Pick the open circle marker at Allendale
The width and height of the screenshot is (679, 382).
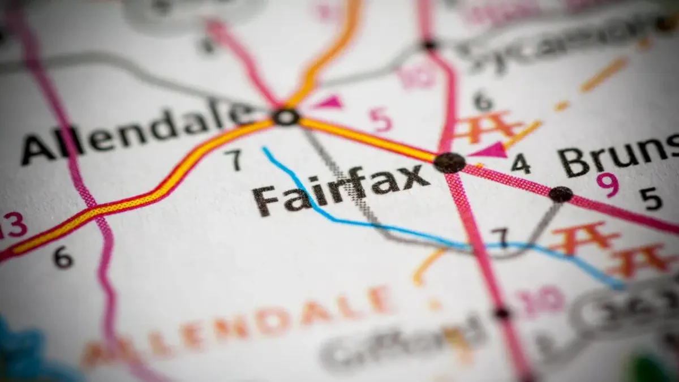pyautogui.click(x=286, y=117)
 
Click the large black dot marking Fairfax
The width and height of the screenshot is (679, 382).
pyautogui.click(x=450, y=162)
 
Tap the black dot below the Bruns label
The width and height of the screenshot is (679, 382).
pyautogui.click(x=560, y=194)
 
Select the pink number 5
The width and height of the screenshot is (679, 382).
pyautogui.click(x=380, y=119)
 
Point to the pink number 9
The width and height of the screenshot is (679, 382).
pyautogui.click(x=608, y=184)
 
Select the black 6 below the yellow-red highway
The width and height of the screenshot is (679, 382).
pyautogui.click(x=63, y=257)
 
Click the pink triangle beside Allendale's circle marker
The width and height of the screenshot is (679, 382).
pyautogui.click(x=329, y=102)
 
